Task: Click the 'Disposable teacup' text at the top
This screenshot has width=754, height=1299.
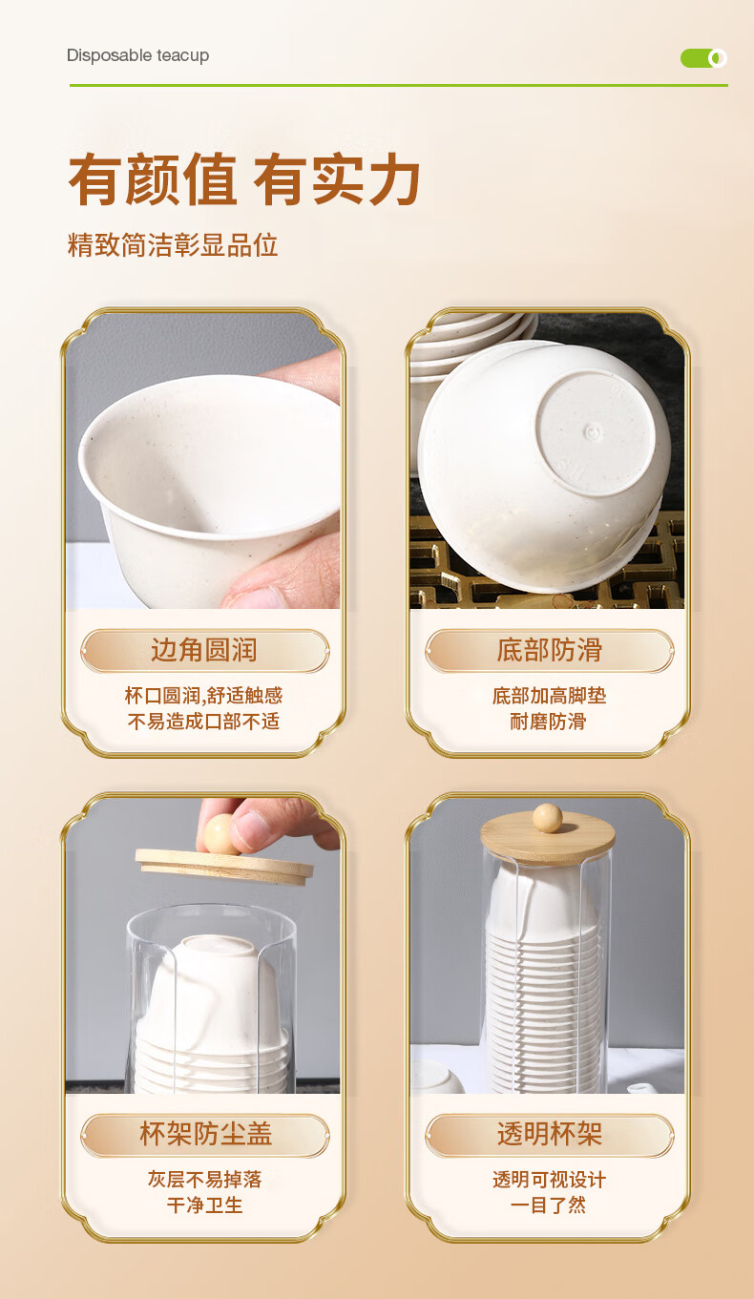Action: click(x=138, y=55)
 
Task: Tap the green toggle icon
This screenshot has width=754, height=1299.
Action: click(x=703, y=58)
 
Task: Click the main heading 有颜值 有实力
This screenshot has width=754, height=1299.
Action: click(x=244, y=179)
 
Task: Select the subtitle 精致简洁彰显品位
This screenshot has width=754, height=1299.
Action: click(x=173, y=244)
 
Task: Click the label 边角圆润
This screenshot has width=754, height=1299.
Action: click(x=204, y=650)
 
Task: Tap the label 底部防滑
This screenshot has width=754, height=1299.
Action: click(x=549, y=650)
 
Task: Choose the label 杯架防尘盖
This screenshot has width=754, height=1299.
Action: click(x=205, y=1134)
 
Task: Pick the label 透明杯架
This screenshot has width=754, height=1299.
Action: click(x=549, y=1134)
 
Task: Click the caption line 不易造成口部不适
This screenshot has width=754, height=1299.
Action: click(x=203, y=722)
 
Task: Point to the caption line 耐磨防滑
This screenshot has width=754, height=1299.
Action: click(x=548, y=722)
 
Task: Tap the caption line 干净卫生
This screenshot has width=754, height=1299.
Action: click(x=204, y=1205)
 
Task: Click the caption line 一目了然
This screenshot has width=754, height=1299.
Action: click(x=548, y=1205)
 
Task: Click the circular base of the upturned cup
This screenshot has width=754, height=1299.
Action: click(x=596, y=431)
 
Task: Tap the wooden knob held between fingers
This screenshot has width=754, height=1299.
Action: click(x=220, y=834)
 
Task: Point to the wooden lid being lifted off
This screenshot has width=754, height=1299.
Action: click(x=224, y=867)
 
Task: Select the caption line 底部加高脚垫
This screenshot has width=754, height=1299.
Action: click(x=549, y=695)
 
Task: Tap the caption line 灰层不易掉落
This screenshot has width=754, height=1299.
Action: click(x=204, y=1179)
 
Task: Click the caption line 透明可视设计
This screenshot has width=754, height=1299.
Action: click(x=549, y=1179)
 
